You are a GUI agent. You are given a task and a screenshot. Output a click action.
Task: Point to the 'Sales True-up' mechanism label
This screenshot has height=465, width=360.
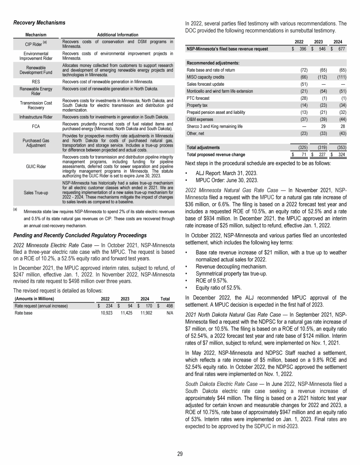(36, 192)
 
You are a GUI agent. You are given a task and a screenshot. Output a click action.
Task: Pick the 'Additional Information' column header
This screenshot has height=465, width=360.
(117, 35)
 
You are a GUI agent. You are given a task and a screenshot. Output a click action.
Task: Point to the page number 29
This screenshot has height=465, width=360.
(180, 452)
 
